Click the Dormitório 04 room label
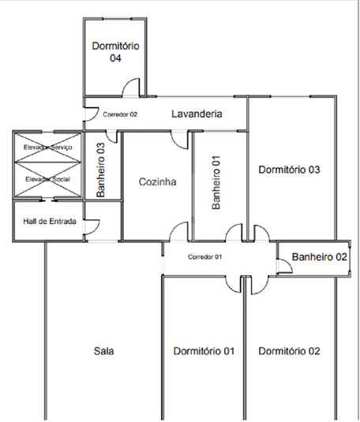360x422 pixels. point(115,52)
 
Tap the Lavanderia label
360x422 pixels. point(197,114)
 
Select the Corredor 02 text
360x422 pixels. point(120,114)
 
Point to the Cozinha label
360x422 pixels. point(158,182)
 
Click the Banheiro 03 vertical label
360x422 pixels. point(100,170)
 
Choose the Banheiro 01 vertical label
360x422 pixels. point(216,182)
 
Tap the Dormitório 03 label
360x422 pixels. point(289,170)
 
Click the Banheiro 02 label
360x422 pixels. point(319,257)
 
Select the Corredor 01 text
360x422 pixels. point(204,257)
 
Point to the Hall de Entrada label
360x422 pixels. point(50,221)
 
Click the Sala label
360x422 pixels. point(103,351)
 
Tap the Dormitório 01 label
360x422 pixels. point(204,351)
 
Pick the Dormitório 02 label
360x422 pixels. point(289,351)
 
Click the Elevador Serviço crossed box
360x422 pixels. point(47,148)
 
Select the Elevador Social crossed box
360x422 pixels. point(47,180)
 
